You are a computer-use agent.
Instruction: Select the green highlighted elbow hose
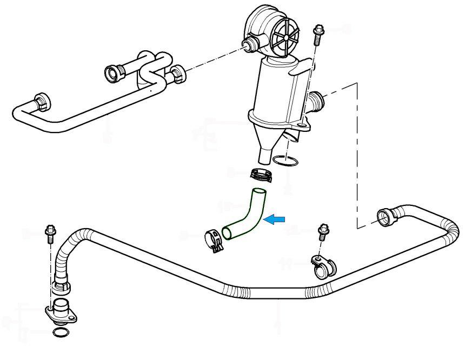pos(249,216)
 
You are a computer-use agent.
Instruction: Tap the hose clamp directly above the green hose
pos(261,175)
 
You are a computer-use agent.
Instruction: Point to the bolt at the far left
pos(50,234)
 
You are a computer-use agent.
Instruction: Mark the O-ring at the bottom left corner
pos(62,332)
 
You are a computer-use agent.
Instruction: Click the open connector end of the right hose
pos(385,217)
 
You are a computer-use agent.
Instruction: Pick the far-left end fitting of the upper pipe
pos(41,101)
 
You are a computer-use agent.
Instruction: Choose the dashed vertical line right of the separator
pos(357,151)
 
